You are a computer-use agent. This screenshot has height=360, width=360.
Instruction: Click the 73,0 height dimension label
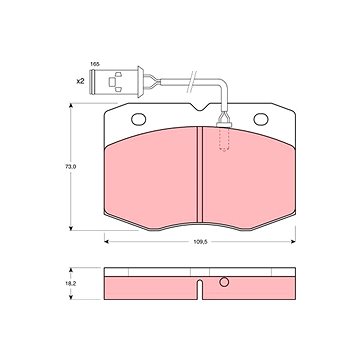[71, 166]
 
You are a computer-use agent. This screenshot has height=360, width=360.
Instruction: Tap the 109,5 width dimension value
[201, 242]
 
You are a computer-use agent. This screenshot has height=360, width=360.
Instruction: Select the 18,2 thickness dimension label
[71, 283]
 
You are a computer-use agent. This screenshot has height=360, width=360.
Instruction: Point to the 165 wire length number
[95, 64]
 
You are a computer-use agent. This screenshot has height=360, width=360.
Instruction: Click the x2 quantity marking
[80, 81]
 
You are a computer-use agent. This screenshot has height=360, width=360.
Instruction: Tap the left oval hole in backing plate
[139, 119]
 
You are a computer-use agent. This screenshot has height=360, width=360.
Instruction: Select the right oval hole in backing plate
[261, 119]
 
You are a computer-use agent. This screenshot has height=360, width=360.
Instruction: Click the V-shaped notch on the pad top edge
[201, 107]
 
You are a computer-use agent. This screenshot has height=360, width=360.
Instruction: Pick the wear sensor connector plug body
[114, 82]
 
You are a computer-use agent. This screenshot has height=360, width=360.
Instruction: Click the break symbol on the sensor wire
[191, 82]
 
